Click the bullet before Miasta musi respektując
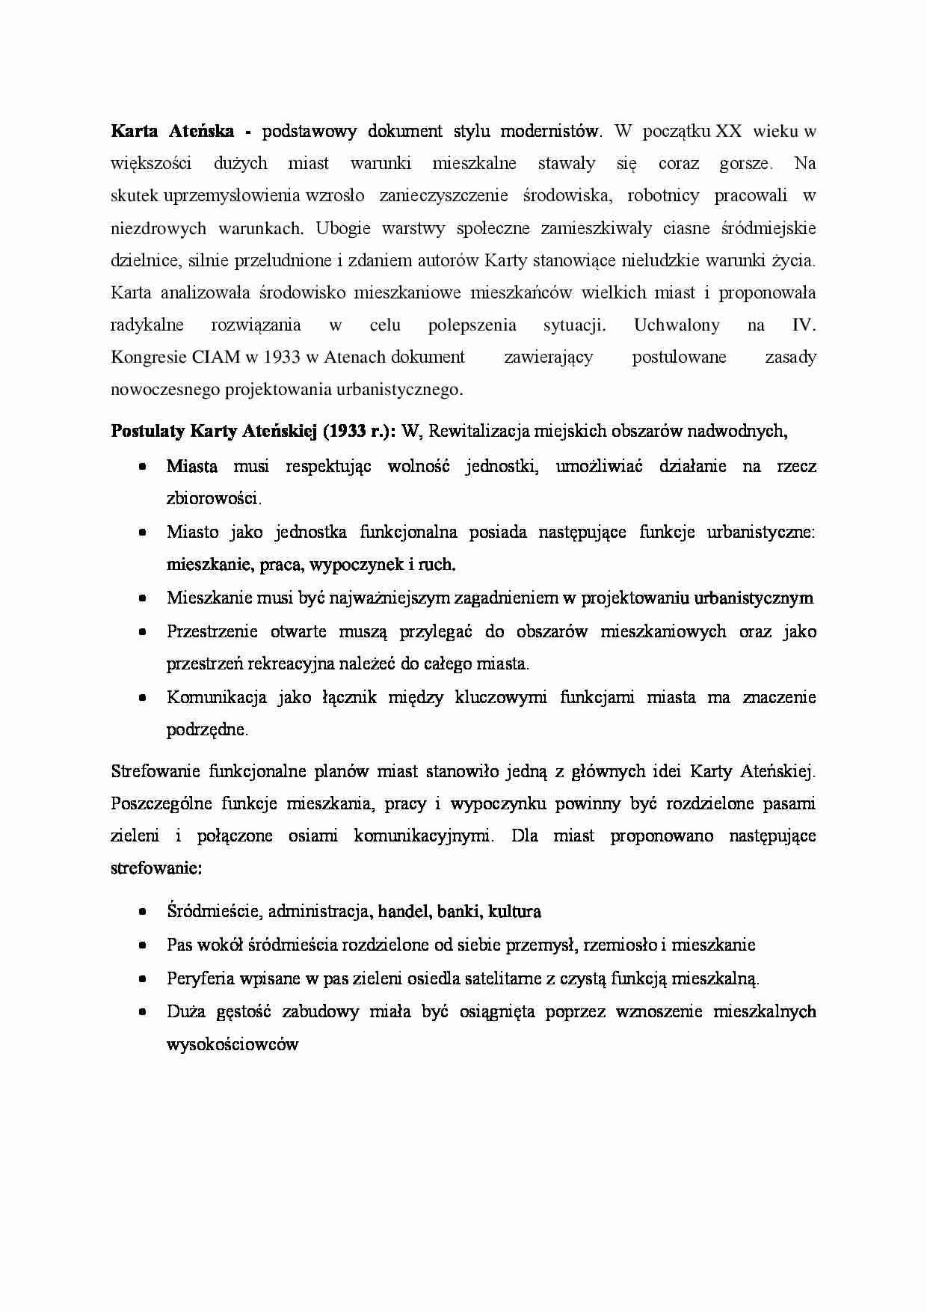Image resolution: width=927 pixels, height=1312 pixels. (142, 467)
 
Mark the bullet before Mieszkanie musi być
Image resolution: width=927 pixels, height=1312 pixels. (142, 598)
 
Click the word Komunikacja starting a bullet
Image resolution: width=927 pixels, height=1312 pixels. (217, 698)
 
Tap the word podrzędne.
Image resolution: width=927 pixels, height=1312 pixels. (207, 730)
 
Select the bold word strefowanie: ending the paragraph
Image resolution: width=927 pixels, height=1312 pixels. (156, 869)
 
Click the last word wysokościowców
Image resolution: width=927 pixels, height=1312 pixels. (232, 1045)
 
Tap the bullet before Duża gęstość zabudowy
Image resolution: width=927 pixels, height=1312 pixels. (142, 1012)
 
